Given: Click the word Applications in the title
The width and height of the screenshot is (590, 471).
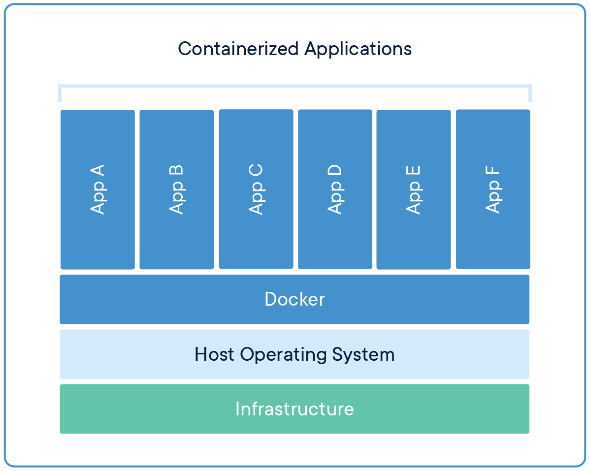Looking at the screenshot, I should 358,49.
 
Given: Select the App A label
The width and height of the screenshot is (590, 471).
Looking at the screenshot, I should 98,189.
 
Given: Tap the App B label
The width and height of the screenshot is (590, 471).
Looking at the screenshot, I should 176,189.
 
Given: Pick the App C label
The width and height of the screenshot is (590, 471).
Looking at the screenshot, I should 256,189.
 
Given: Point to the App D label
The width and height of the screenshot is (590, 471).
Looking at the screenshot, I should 335,189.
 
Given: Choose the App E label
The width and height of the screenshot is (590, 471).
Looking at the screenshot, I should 414,189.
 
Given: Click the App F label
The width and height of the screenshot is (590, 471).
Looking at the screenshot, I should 493,189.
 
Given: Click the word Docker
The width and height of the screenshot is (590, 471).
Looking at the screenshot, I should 295,299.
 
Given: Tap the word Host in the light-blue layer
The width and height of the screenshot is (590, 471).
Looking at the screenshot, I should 215,354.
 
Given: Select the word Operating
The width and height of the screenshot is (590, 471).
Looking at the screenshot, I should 284,354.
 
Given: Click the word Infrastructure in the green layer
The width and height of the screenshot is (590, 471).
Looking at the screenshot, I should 295,409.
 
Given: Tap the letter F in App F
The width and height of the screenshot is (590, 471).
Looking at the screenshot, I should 493,172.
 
